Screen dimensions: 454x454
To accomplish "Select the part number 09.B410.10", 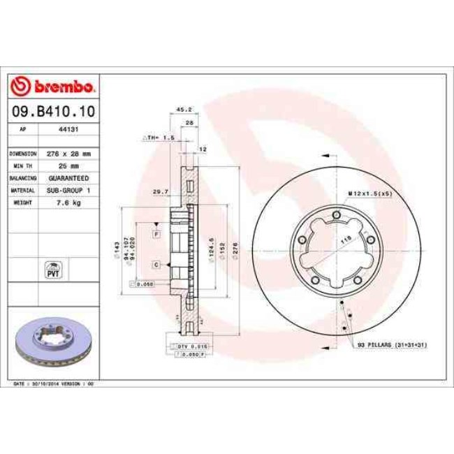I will (x=53, y=111).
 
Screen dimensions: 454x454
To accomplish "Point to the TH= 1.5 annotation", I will (x=159, y=138).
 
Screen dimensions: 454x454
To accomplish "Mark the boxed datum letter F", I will (x=156, y=233).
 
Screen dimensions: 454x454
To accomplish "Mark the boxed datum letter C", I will (x=156, y=264).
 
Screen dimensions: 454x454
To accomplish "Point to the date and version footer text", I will (x=54, y=384).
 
